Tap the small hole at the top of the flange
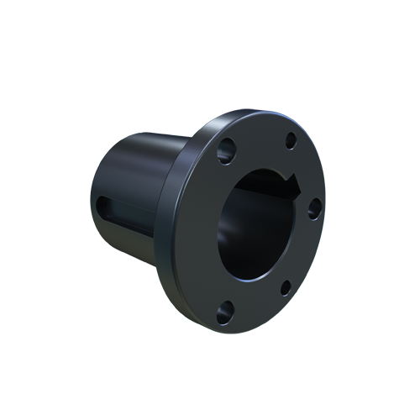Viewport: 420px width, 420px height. [x=291, y=140]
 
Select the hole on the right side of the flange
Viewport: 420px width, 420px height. [x=313, y=209]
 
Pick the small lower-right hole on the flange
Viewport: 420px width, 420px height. [x=286, y=287]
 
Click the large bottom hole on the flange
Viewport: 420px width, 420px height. [x=223, y=315]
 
